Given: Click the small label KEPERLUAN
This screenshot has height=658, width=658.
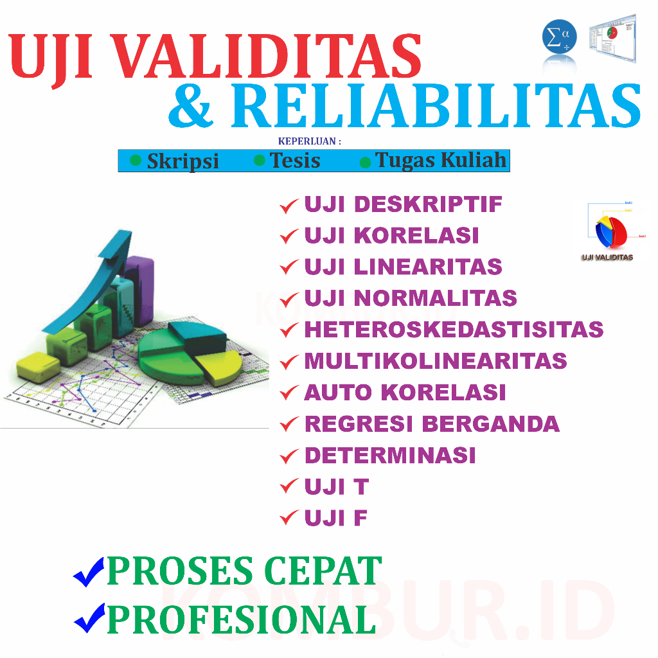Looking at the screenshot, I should click(309, 141).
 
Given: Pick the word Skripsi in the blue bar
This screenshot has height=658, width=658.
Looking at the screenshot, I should click(182, 161).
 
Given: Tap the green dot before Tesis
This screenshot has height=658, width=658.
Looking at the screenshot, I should click(260, 160).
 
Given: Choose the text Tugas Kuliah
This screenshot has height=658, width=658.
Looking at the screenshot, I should click(441, 160).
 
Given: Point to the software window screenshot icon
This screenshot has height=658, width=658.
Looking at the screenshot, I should click(612, 39).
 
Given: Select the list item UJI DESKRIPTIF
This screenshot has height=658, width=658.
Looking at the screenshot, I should click(403, 204).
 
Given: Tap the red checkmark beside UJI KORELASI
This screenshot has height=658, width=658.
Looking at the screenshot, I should click(289, 237).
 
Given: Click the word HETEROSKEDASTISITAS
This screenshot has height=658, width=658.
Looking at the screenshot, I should click(454, 330).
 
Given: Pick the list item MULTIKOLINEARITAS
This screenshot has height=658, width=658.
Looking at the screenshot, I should click(435, 361).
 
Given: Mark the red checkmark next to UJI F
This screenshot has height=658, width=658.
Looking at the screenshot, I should click(289, 519).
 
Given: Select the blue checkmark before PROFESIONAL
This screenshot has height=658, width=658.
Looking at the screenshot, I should click(89, 618).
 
